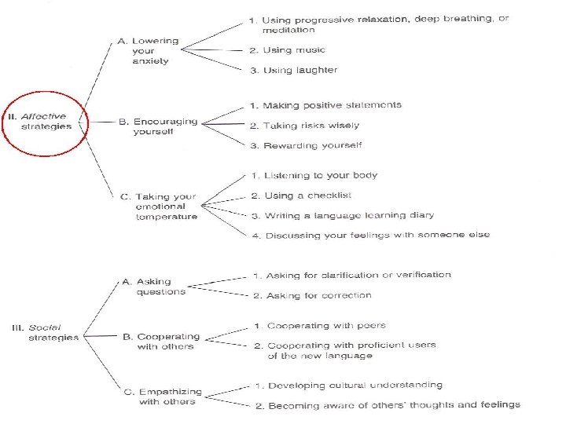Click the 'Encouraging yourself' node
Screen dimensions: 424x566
[157, 126]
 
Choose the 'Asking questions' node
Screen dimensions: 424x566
[155, 287]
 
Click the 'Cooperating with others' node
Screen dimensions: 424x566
[161, 342]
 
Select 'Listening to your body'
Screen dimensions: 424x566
[314, 175]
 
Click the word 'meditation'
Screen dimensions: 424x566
[288, 30]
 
